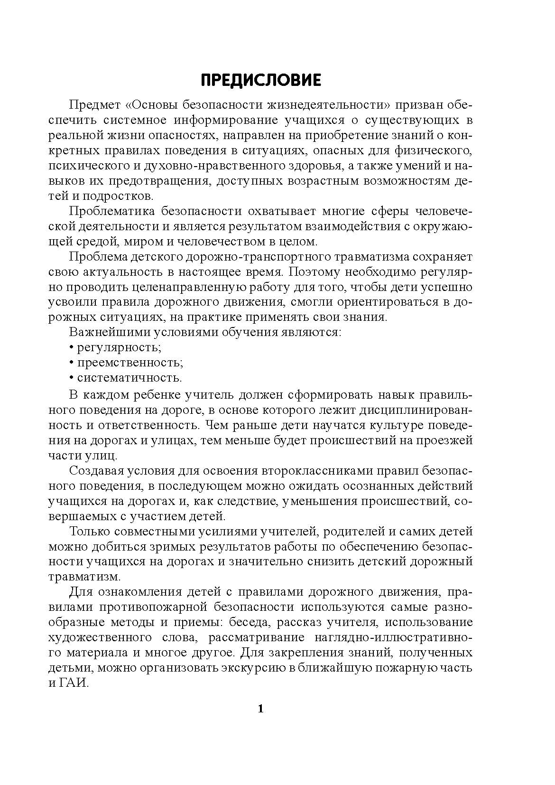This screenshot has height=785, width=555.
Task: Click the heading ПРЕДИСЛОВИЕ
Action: point(261,80)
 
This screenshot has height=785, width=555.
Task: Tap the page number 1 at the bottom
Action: point(260,710)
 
